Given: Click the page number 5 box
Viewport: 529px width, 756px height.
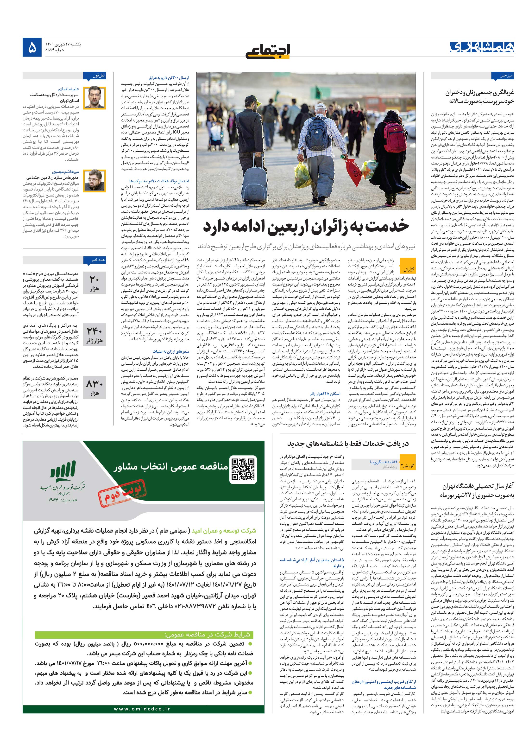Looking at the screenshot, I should pyautogui.click(x=32, y=47).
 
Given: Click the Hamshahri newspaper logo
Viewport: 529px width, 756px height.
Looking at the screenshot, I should pyautogui.click(x=482, y=47).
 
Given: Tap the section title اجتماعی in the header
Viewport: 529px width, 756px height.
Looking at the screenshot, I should pyautogui.click(x=267, y=51).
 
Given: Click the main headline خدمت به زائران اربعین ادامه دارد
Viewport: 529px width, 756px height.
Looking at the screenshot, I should pyautogui.click(x=306, y=226).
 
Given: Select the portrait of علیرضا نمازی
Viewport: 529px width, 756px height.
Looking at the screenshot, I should pyautogui.click(x=94, y=98).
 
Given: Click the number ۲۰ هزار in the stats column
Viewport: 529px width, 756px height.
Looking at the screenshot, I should pyautogui.click(x=94, y=283).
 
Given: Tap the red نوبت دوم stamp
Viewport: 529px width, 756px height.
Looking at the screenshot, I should pyautogui.click(x=122, y=490).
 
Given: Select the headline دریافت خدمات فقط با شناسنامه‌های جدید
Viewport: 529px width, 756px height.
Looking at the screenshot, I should pyautogui.click(x=348, y=444).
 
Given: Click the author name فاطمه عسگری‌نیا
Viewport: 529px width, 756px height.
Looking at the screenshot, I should pyautogui.click(x=383, y=462).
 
